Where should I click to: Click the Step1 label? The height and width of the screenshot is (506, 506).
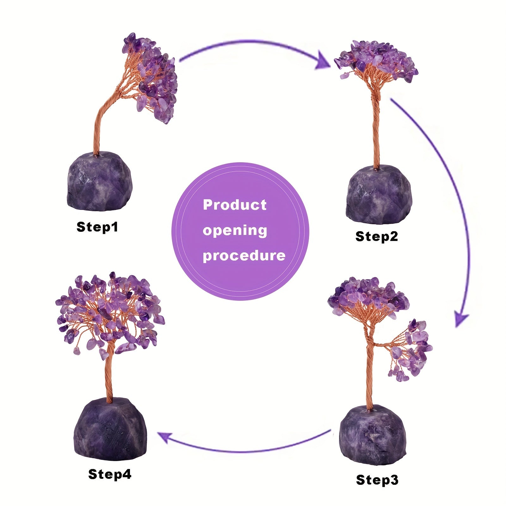97,227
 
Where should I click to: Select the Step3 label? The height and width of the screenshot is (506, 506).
377,480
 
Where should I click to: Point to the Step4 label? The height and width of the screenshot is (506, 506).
109,474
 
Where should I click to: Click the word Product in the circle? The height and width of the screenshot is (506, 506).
235,205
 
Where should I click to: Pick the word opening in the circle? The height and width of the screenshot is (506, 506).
235,231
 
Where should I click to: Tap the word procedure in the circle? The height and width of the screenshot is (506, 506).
244,256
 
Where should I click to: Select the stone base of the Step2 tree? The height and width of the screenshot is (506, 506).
379,194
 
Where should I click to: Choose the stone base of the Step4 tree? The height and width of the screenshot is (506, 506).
110,425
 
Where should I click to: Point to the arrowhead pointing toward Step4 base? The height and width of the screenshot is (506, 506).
164,437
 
